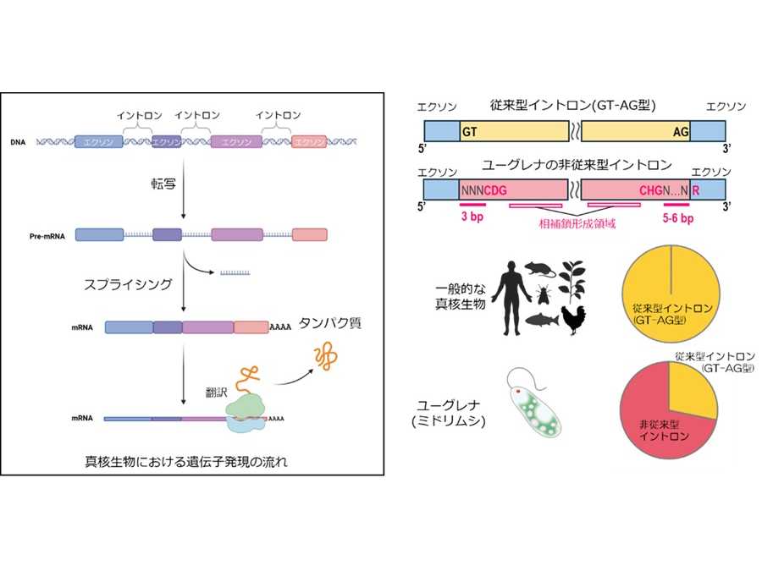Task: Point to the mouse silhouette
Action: pos(538,269)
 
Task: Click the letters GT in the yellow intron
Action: pos(470,132)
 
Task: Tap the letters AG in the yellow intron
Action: pos(682,132)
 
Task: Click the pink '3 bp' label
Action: pos(472,217)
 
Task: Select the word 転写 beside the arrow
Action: pos(164,183)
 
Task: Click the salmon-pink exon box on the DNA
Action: pos(308,142)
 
